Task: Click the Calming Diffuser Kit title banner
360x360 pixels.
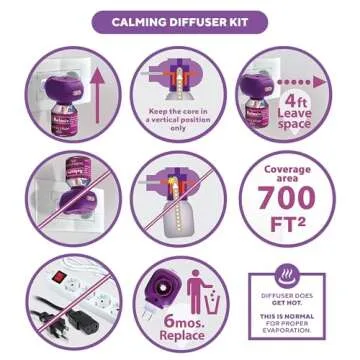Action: (180, 21)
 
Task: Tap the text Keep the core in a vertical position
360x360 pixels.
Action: (181, 118)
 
